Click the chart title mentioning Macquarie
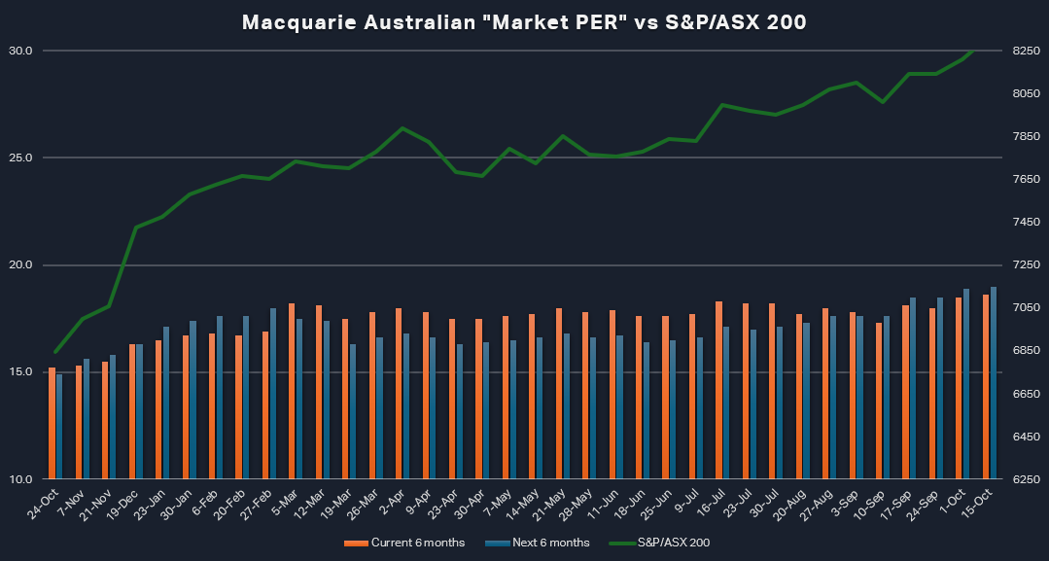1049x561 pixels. pyautogui.click(x=524, y=22)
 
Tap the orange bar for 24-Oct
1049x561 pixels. pyautogui.click(x=52, y=424)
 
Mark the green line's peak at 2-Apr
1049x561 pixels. pyautogui.click(x=402, y=127)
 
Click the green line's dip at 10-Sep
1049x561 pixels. pyautogui.click(x=882, y=101)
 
